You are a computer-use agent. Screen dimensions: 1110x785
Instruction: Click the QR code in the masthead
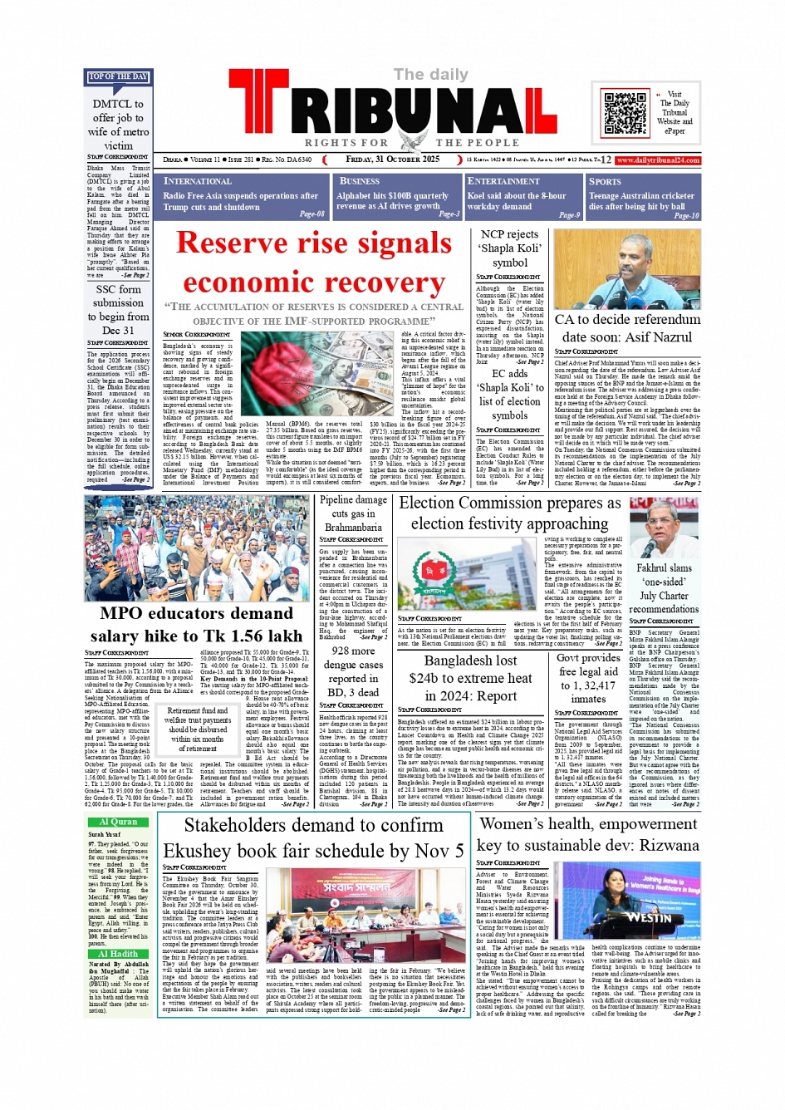(x=624, y=114)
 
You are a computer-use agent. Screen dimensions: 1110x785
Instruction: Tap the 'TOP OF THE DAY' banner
(x=118, y=77)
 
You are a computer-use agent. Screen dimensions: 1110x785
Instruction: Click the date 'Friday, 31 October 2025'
(x=393, y=160)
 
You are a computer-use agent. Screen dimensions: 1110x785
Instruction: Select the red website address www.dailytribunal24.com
(x=658, y=160)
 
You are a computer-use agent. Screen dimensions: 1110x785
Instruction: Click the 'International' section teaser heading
(x=198, y=181)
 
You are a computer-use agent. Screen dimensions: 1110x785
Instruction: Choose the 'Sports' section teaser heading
(x=605, y=181)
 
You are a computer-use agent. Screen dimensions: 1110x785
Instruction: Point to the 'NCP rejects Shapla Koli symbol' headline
(x=510, y=248)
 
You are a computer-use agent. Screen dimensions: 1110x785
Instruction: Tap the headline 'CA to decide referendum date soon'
(x=627, y=327)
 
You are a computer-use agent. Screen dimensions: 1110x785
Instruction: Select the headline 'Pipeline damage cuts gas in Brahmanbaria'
(x=353, y=513)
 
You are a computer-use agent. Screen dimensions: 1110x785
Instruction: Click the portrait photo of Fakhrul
(x=663, y=527)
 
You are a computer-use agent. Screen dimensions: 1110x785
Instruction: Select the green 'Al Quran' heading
(x=119, y=822)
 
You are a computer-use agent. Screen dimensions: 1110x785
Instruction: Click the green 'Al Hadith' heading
(x=119, y=954)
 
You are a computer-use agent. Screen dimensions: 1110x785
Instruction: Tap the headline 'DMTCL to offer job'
(x=118, y=125)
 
